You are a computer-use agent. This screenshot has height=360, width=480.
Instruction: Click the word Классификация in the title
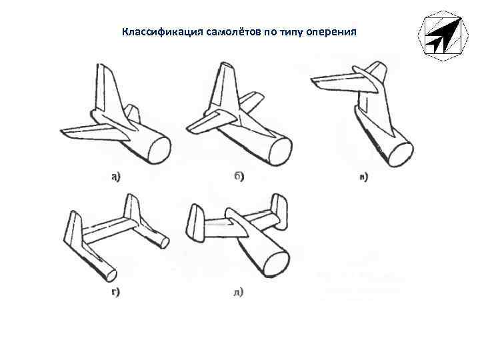155,31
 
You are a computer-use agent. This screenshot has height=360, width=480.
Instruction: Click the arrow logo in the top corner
439,35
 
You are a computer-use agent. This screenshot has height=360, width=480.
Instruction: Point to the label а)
115,177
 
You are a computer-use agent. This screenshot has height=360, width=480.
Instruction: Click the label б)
239,177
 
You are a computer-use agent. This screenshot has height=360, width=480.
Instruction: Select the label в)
363,177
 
